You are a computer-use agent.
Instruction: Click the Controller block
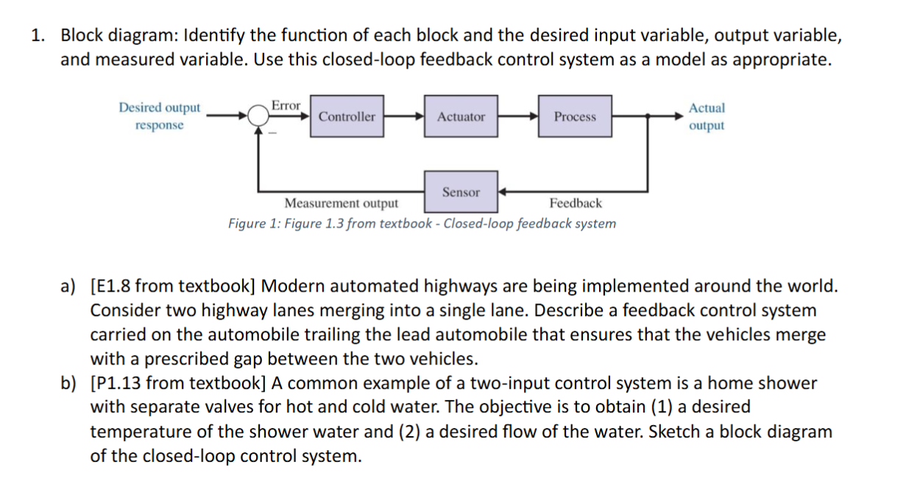pyautogui.click(x=347, y=116)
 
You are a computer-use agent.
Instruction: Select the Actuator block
pyautogui.click(x=461, y=116)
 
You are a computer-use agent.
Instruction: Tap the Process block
pyautogui.click(x=575, y=116)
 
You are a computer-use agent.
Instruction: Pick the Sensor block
pyautogui.click(x=461, y=192)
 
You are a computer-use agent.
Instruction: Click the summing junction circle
pyautogui.click(x=258, y=116)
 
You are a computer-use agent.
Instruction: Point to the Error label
pyautogui.click(x=286, y=105)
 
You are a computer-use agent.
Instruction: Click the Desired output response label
pyautogui.click(x=159, y=116)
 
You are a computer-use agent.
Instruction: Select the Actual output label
pyautogui.click(x=707, y=116)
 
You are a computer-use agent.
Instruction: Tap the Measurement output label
pyautogui.click(x=342, y=203)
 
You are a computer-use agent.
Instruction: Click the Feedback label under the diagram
pyautogui.click(x=575, y=203)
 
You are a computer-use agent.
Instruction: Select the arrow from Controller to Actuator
pyautogui.click(x=403, y=116)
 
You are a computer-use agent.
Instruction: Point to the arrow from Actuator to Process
pyautogui.click(x=517, y=116)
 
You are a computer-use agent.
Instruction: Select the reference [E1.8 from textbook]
pyautogui.click(x=173, y=286)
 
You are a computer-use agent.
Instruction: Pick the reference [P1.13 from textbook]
pyautogui.click(x=177, y=383)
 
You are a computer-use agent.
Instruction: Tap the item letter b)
pyautogui.click(x=68, y=383)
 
